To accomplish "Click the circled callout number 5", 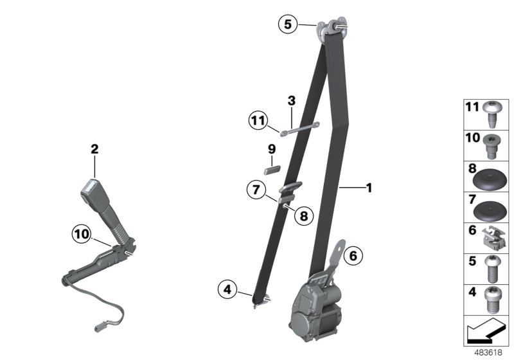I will pos(288,24).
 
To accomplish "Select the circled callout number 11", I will pos(258,120).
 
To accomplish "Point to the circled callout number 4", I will pos(227,290).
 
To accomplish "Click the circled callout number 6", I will pos(352,255).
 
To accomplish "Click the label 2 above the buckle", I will pos(94,149).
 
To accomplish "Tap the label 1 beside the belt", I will pos(369,188).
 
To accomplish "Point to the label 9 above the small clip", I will pos(272,148).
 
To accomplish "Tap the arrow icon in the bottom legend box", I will pos(486,332).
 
